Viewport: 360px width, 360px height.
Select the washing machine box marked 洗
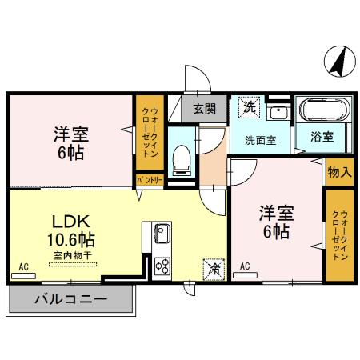248,106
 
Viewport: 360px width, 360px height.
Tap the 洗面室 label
260,139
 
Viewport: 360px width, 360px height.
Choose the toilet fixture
181,158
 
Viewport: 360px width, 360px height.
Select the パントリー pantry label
149,180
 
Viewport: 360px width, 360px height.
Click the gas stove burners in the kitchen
162,265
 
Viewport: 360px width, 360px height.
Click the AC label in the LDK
24,266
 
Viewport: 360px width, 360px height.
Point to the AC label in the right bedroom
244,266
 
